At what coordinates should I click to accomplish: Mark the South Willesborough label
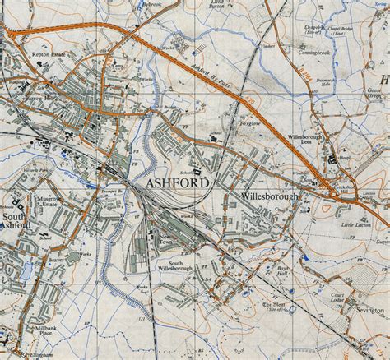pyautogui.click(x=175, y=267)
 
